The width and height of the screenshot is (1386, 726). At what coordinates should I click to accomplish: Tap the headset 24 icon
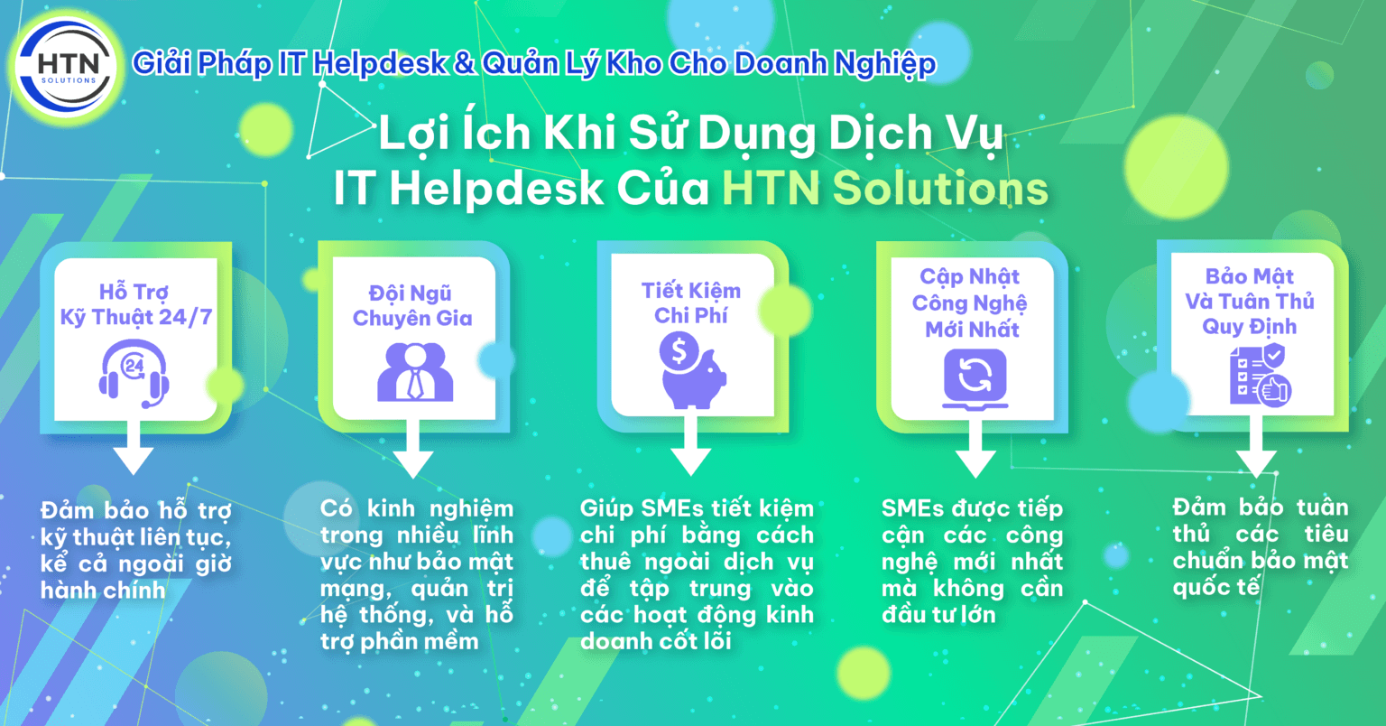pyautogui.click(x=134, y=372)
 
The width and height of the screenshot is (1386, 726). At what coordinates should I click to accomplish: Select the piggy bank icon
pyautogui.click(x=693, y=372)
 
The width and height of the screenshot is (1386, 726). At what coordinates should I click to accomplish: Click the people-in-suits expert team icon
pyautogui.click(x=414, y=372)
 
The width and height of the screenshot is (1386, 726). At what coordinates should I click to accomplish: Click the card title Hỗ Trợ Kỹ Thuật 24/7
pyautogui.click(x=135, y=304)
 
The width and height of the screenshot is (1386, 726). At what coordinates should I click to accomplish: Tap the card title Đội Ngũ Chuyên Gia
pyautogui.click(x=412, y=306)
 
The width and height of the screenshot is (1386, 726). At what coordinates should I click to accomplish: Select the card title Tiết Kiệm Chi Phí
pyautogui.click(x=691, y=302)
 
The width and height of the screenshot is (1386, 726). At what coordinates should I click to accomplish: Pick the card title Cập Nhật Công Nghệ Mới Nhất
pyautogui.click(x=971, y=302)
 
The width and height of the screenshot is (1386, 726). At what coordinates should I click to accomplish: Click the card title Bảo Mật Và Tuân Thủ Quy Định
pyautogui.click(x=1250, y=302)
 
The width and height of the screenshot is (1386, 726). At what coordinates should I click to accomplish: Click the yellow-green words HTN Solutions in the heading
pyautogui.click(x=885, y=188)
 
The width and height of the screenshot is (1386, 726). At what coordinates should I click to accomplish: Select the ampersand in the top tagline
pyautogui.click(x=463, y=64)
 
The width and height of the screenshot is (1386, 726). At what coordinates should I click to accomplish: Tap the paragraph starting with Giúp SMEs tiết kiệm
pyautogui.click(x=697, y=574)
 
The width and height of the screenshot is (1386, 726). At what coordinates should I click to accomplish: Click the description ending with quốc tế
pyautogui.click(x=1260, y=547)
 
